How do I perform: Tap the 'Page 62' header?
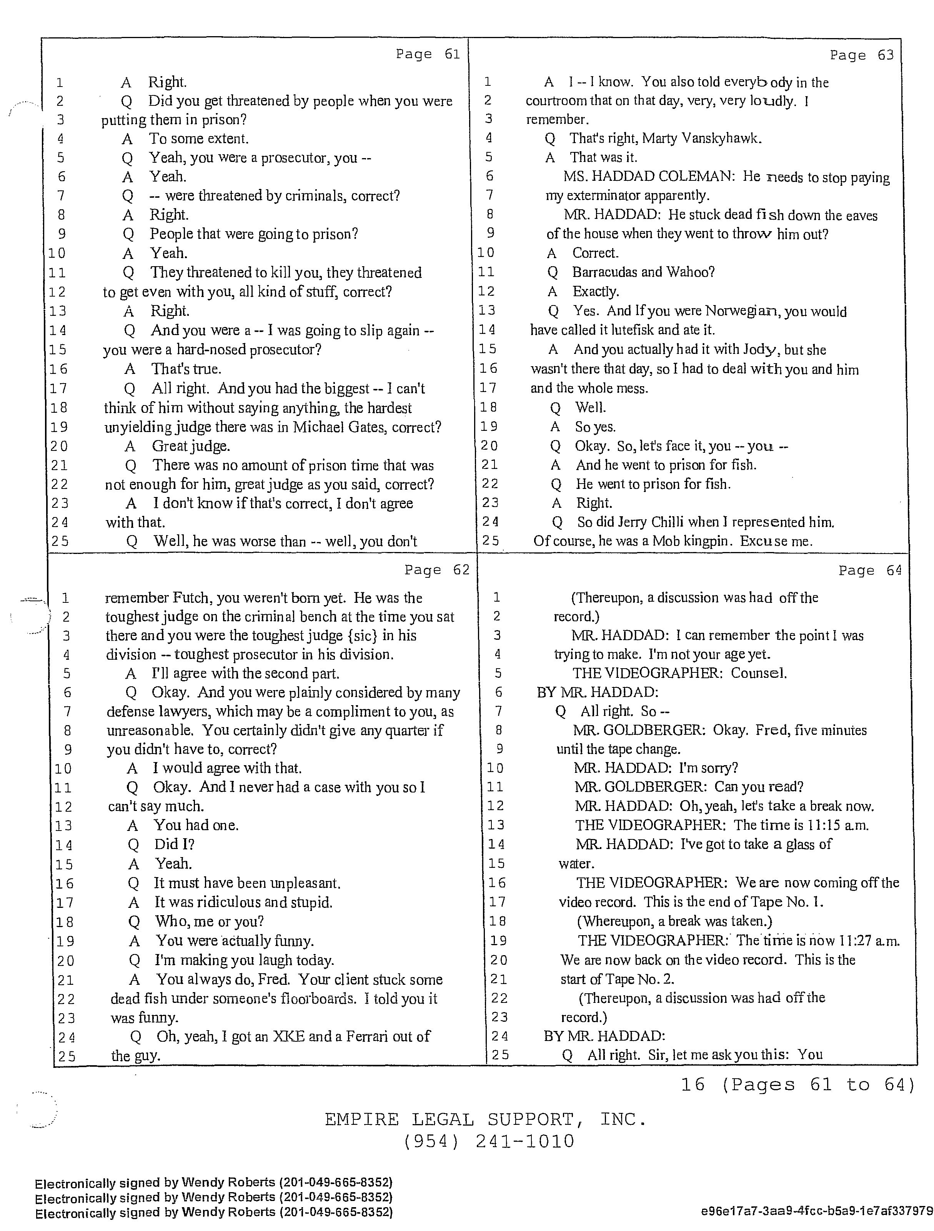pos(437,570)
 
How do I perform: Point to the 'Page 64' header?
pos(870,570)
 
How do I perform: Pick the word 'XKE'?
pos(289,1036)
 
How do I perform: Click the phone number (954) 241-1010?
pos(488,1142)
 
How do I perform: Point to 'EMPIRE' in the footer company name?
pos(361,1119)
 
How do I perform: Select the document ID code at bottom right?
pos(817,1211)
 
